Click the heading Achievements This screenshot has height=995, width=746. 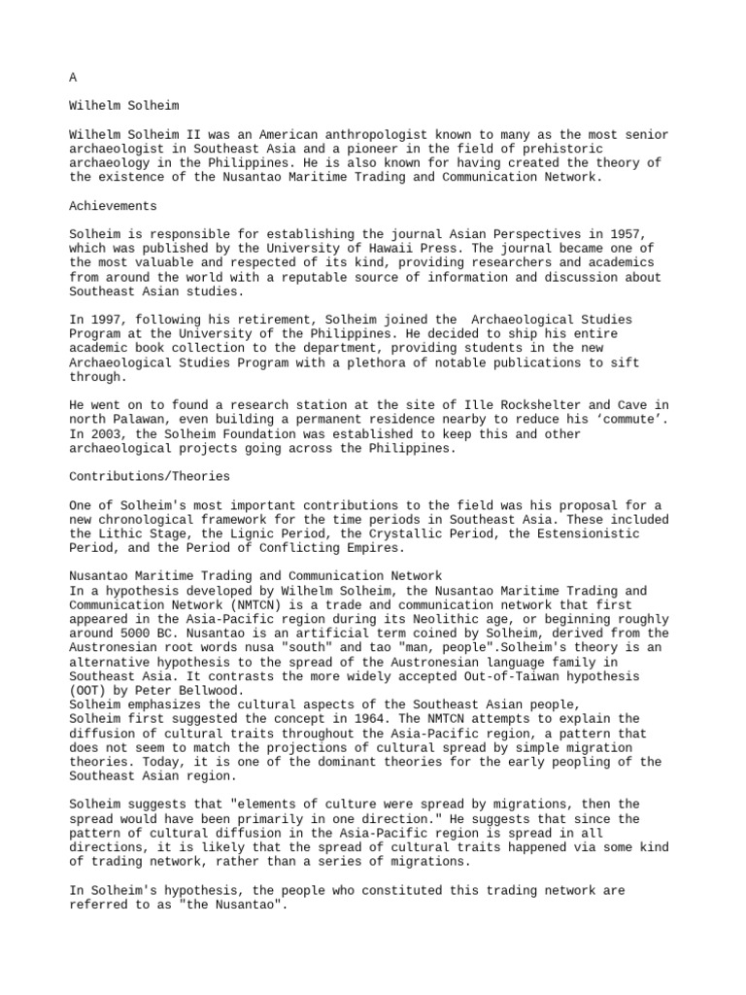point(114,206)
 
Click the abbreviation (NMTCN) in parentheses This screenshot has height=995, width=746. point(241,603)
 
